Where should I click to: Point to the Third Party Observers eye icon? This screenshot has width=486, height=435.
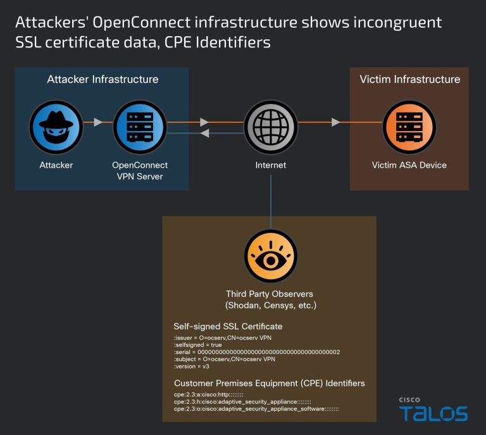(271, 256)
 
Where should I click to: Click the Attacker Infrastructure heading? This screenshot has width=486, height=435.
(103, 80)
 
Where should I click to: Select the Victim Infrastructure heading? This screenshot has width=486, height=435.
(409, 80)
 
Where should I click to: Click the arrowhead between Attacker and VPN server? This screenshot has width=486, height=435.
(98, 122)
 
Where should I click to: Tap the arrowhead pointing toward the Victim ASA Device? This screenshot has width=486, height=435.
(335, 122)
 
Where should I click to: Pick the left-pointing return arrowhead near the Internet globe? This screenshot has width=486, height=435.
(204, 133)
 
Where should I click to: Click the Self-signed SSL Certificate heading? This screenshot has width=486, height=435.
(228, 327)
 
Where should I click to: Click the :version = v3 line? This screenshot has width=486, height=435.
(192, 366)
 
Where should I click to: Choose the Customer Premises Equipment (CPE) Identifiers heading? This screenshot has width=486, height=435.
(269, 384)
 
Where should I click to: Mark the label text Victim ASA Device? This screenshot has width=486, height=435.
(409, 165)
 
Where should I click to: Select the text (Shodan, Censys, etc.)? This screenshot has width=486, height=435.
(271, 306)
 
